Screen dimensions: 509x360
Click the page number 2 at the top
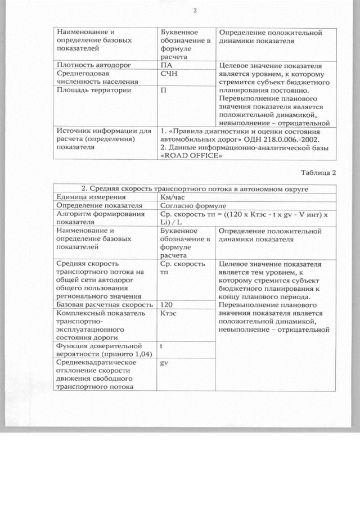point(195,10)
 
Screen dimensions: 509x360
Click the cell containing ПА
point(166,65)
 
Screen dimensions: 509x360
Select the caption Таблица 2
point(318,172)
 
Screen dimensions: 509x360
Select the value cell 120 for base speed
point(166,304)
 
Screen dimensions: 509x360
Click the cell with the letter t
point(161,346)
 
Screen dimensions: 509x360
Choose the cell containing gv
point(164,363)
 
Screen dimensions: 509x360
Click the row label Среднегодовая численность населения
point(88,78)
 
